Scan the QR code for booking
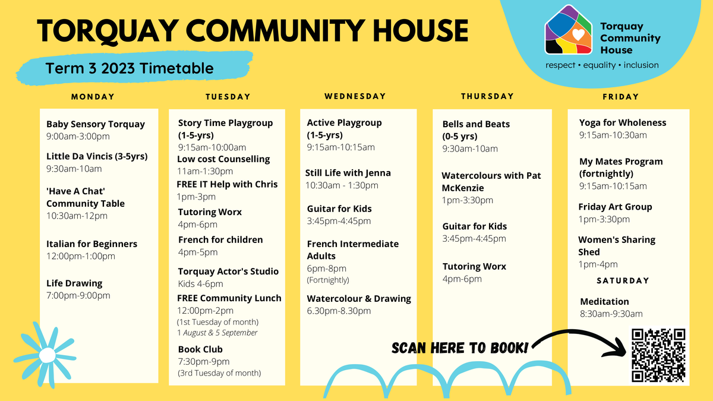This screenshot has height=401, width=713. [x=658, y=355]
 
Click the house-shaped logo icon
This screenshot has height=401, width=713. [x=569, y=30]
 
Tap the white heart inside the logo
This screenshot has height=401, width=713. [x=578, y=34]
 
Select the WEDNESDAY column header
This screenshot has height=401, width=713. [x=355, y=96]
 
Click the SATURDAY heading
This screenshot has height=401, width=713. [x=623, y=280]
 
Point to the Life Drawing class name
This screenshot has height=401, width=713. [x=74, y=283]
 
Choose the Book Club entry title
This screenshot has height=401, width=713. [x=200, y=349]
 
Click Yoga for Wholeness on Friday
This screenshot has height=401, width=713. [x=623, y=123]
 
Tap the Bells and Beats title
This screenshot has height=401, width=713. [x=476, y=124]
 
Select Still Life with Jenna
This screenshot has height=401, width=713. [x=348, y=173]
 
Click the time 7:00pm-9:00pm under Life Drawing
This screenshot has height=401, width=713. [x=78, y=295]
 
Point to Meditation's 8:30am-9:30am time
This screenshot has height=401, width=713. [x=611, y=314]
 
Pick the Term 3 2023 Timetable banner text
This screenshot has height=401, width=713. [x=130, y=68]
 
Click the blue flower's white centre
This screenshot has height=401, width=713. [x=48, y=355]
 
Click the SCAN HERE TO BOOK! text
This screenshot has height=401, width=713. [x=460, y=348]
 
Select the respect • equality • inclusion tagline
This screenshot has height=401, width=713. [x=602, y=65]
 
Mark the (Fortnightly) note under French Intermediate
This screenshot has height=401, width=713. [x=328, y=280]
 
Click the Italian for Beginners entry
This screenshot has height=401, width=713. [x=92, y=244]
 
